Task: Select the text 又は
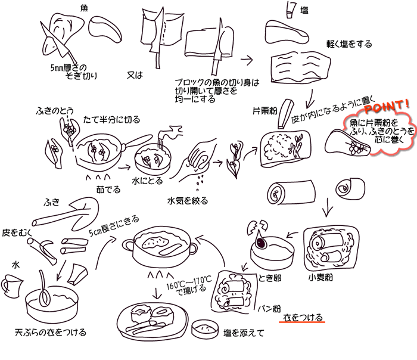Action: [136, 76]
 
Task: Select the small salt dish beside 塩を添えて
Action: [202, 327]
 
